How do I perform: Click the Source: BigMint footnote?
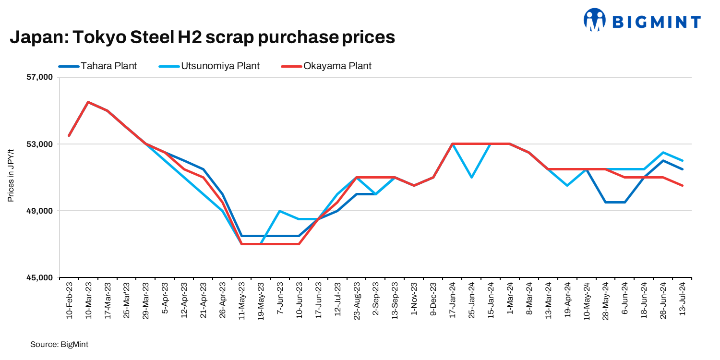pos(59,345)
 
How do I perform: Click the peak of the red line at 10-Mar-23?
pos(88,102)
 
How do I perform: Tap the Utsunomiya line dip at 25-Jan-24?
pos(472,177)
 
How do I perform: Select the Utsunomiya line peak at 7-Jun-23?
pos(280,211)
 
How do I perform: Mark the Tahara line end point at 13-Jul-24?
pos(683,169)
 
